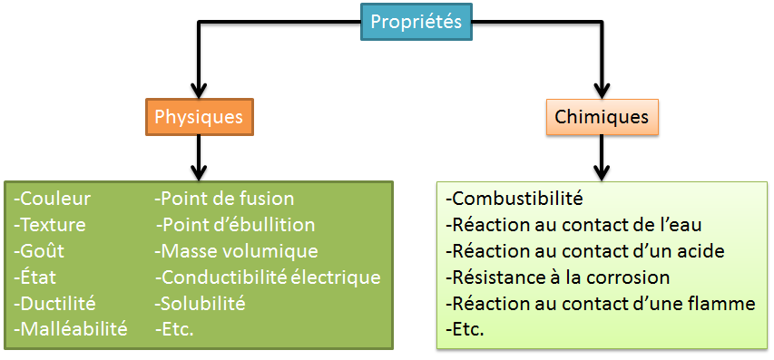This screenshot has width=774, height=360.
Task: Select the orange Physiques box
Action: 199,117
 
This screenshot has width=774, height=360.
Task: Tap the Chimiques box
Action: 602,117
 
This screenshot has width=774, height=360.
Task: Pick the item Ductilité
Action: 56,303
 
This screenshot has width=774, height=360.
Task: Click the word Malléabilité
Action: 73,328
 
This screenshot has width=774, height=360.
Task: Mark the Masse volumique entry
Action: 237,251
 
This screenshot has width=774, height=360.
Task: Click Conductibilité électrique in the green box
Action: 269,277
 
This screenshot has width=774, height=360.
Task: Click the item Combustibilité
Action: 514,199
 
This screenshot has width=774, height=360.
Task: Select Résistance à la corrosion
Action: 558,277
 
